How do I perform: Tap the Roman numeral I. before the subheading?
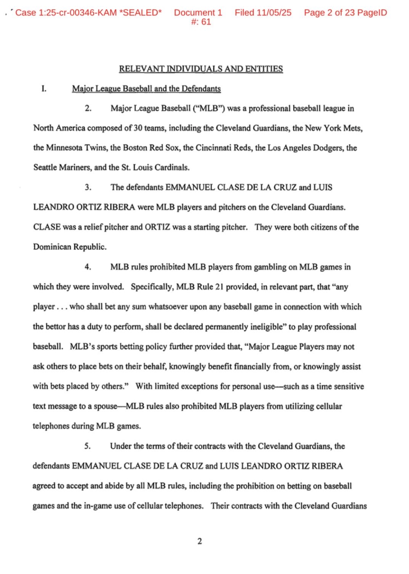[x=44, y=88]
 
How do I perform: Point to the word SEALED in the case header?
[x=140, y=12]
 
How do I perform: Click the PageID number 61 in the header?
[x=206, y=22]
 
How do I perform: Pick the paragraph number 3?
[x=88, y=187]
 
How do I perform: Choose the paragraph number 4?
[x=88, y=267]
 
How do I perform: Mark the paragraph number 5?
[x=87, y=446]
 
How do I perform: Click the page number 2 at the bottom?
[x=200, y=541]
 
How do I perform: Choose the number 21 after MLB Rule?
[x=219, y=287]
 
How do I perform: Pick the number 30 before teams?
[x=138, y=128]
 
